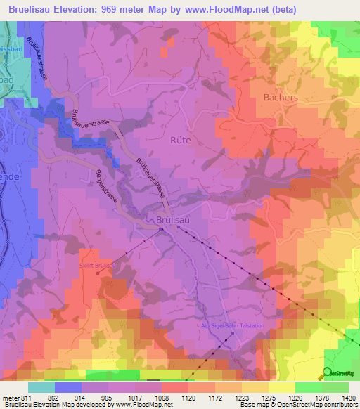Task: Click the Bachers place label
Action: coord(281,97)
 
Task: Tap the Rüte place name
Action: coord(181,140)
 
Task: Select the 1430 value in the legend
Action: coord(348,398)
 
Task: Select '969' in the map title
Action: coord(120,9)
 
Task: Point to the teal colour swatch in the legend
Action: coord(41,387)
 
